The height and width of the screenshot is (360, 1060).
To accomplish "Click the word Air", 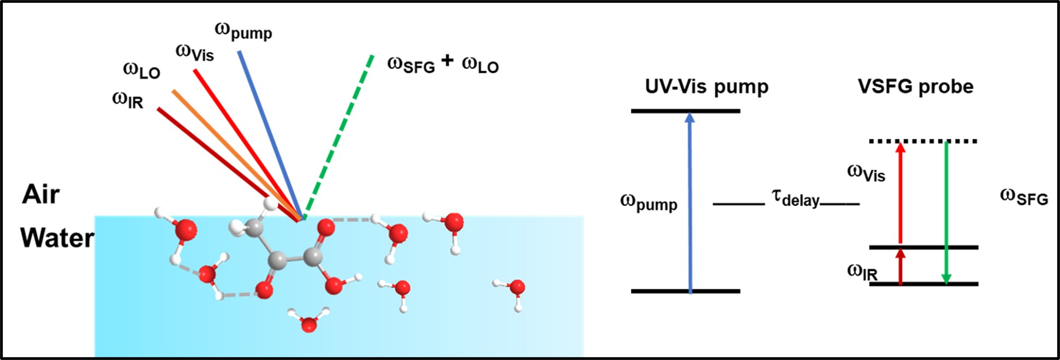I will click(x=41, y=194).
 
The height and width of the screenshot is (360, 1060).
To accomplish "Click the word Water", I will click(x=57, y=238).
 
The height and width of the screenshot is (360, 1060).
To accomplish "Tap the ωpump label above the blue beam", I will click(x=243, y=31).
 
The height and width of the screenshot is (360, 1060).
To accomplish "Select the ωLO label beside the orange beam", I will click(x=141, y=70).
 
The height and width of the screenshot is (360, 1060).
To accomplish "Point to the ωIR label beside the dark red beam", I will click(x=128, y=100).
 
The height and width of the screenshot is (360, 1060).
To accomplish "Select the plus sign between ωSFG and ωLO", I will click(x=447, y=60).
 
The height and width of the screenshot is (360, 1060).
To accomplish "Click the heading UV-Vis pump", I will click(x=706, y=86).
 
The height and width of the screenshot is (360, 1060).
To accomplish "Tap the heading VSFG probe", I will click(x=915, y=86).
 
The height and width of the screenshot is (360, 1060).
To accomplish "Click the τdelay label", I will click(x=795, y=198).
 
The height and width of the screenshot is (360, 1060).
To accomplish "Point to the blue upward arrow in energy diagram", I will click(x=690, y=202).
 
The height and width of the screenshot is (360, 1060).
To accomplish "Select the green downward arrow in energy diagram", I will click(x=946, y=213).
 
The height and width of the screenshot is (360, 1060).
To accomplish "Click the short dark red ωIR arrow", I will click(x=901, y=267).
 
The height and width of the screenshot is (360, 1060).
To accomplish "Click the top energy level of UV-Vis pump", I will click(x=686, y=111).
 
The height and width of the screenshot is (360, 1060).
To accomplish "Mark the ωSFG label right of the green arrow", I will click(x=1023, y=197).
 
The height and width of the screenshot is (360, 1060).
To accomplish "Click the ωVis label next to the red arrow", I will click(x=866, y=173).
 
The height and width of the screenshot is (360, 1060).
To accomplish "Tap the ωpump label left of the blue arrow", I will click(x=648, y=203).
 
